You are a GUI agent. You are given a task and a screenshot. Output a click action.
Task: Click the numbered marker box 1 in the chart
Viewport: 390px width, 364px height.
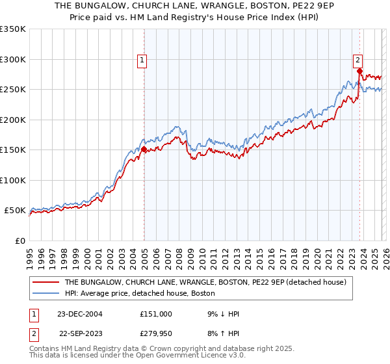click(142, 61)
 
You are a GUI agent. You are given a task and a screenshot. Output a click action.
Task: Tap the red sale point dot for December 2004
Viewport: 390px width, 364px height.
click(144, 149)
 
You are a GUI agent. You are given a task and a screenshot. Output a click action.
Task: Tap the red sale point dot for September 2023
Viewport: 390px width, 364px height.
click(359, 71)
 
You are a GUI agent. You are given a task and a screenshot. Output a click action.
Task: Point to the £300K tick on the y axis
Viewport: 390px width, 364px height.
click(13, 59)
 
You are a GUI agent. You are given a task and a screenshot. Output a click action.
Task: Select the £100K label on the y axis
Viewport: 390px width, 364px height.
click(13, 180)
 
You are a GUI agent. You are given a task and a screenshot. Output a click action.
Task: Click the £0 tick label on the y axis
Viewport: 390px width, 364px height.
click(19, 240)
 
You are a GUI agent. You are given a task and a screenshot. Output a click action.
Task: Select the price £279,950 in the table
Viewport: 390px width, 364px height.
click(156, 335)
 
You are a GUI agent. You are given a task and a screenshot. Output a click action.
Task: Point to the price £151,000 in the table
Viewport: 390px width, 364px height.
click(156, 313)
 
